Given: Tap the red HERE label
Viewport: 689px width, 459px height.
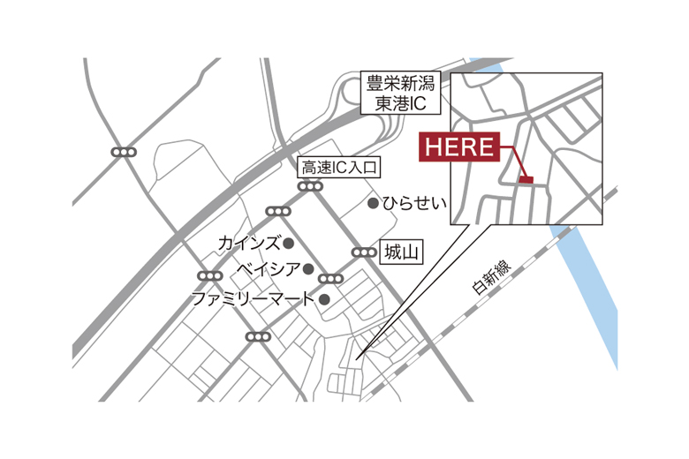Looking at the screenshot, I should [x=460, y=147].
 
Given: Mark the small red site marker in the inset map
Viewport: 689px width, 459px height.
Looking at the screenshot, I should [x=526, y=180].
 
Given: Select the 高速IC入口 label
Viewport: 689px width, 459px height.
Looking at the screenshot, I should [x=339, y=167].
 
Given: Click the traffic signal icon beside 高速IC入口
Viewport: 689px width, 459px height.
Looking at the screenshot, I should [x=310, y=186].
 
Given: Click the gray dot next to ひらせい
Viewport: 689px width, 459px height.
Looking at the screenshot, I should [x=374, y=204].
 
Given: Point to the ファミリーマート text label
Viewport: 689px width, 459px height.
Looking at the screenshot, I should [x=253, y=299].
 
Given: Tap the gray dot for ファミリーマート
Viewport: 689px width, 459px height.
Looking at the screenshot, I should [x=324, y=299].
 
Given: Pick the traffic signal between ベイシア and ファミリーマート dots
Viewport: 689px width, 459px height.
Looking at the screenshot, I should [x=329, y=280].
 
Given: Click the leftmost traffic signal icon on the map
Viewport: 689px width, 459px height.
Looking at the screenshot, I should [x=124, y=153].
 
